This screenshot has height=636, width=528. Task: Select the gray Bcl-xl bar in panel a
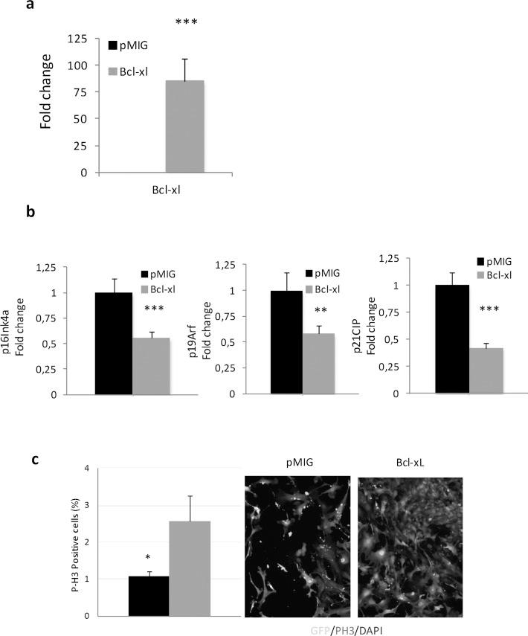pyautogui.click(x=184, y=126)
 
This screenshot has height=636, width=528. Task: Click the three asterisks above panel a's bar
pyautogui.click(x=186, y=22)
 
